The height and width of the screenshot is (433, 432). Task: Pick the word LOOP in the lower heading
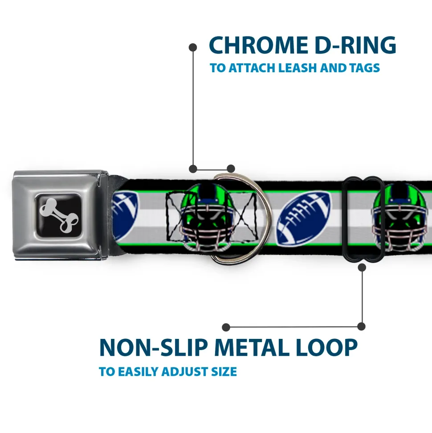click(328, 347)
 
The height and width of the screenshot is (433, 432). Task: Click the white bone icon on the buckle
click(60, 214)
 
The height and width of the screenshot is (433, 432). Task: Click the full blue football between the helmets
click(304, 219)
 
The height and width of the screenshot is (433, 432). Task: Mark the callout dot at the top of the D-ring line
click(193, 46)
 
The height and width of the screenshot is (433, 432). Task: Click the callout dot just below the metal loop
click(362, 268)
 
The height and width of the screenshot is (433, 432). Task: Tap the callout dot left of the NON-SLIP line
click(226, 327)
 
